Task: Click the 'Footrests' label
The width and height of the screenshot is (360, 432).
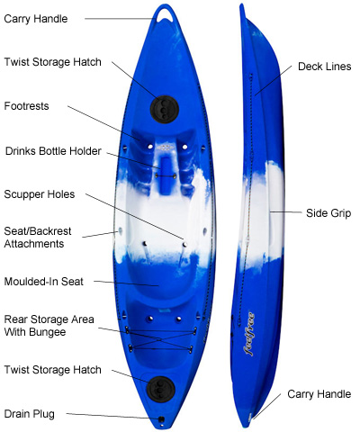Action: click(26, 106)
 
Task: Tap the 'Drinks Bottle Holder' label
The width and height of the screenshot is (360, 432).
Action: click(53, 151)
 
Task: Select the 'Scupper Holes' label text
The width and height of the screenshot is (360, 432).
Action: click(40, 194)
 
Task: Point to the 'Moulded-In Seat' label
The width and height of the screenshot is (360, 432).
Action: click(44, 282)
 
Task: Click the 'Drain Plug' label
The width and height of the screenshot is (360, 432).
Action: click(30, 414)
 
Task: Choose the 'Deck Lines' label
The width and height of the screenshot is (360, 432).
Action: click(324, 67)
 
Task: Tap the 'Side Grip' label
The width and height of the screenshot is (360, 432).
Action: click(328, 213)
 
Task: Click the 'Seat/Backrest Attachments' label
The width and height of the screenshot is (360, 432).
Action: click(38, 238)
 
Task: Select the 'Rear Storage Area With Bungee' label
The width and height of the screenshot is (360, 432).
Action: click(49, 326)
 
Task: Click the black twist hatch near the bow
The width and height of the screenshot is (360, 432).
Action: click(165, 109)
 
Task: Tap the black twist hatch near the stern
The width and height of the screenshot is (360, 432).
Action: click(161, 390)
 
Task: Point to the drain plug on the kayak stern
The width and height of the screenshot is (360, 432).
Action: click(161, 419)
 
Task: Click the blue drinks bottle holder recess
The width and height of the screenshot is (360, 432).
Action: click(166, 175)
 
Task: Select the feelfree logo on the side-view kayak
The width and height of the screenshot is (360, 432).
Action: click(249, 334)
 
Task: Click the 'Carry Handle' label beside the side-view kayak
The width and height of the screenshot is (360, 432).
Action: click(319, 394)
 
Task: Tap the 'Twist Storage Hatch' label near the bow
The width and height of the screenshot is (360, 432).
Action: click(52, 62)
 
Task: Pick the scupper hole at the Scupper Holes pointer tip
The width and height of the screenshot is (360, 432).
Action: click(184, 245)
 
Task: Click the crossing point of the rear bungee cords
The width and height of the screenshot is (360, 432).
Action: click(160, 339)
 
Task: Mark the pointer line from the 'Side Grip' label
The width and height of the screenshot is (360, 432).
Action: click(285, 212)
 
